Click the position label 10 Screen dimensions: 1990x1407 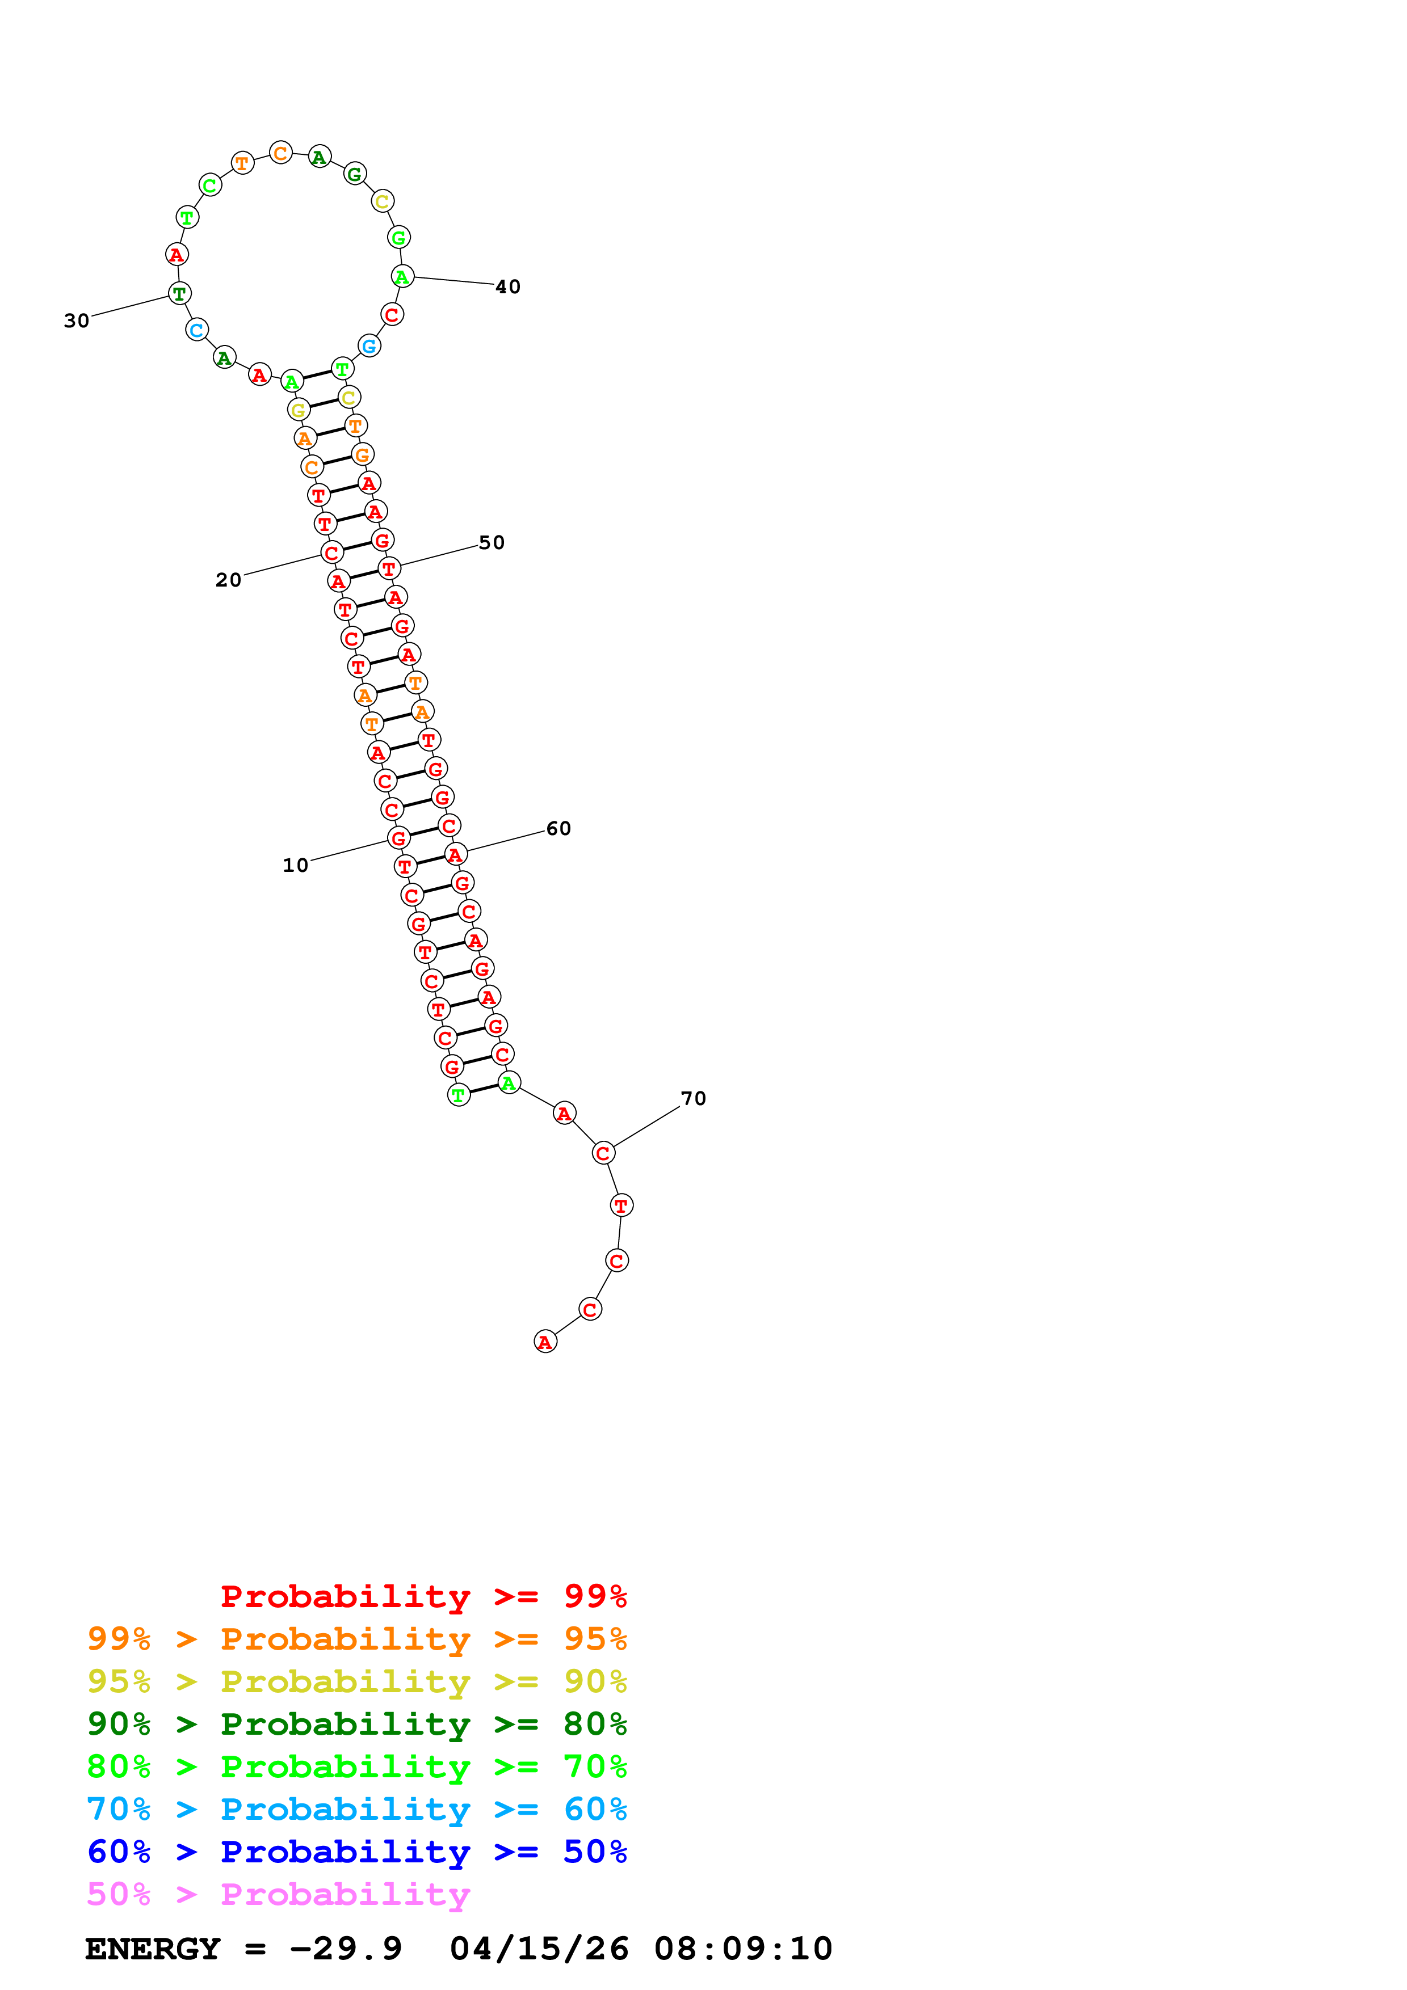coord(295,865)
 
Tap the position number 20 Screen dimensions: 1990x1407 coord(228,580)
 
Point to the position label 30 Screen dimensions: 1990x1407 coord(76,321)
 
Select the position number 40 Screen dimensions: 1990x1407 coord(508,287)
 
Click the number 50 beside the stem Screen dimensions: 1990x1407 coord(492,542)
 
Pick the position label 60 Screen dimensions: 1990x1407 coord(558,829)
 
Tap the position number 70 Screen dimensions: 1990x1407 coord(694,1099)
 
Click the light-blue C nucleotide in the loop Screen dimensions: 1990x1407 coord(197,330)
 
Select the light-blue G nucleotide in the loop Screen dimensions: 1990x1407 coord(369,346)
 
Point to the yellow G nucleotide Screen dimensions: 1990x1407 coord(298,410)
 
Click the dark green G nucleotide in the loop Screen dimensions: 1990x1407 coord(355,174)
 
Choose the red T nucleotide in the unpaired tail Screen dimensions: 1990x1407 coord(621,1205)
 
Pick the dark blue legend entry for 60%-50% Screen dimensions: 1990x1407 coord(356,1852)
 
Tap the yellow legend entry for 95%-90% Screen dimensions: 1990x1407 coord(356,1681)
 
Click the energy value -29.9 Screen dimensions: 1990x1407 coord(346,1949)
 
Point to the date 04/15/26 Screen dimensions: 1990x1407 coord(539,1949)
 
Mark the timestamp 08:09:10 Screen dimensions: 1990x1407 coord(743,1949)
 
